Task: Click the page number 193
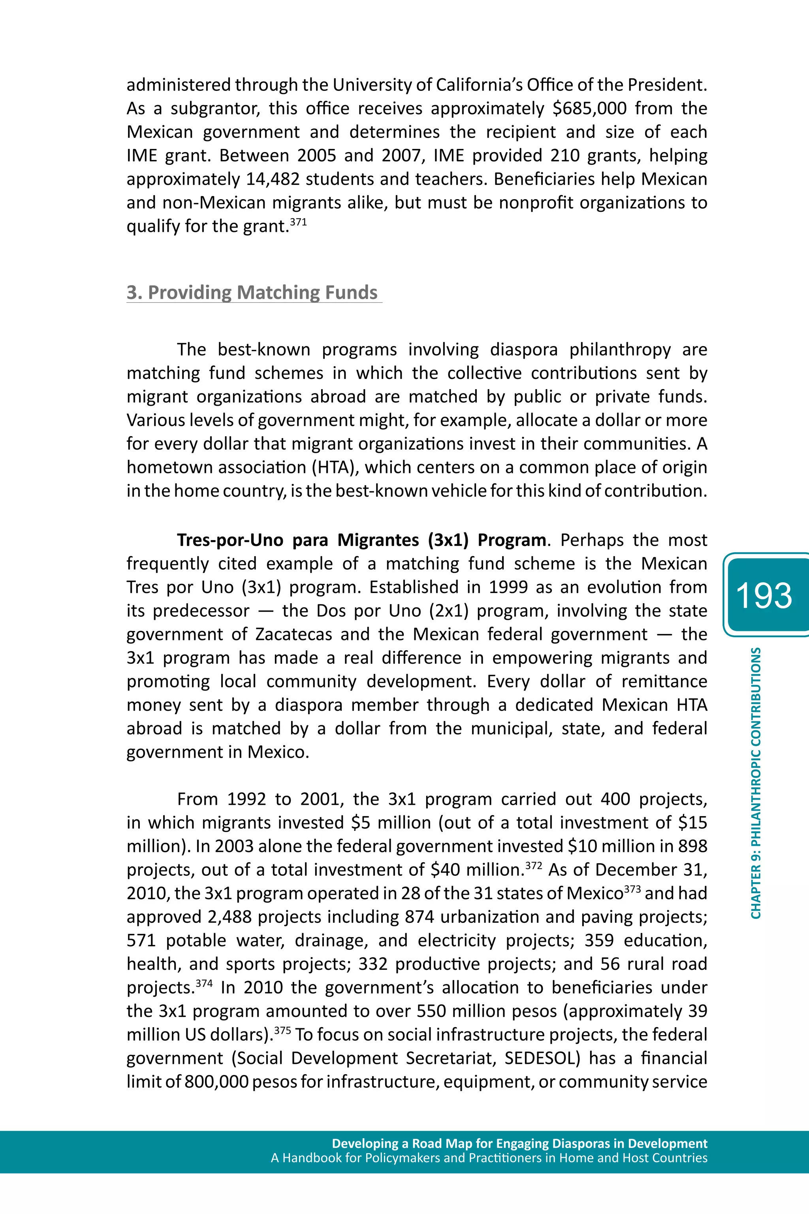click(764, 595)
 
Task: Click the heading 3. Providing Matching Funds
click(252, 292)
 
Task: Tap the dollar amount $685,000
click(589, 108)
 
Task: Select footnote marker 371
click(298, 222)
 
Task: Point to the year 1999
click(508, 587)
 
